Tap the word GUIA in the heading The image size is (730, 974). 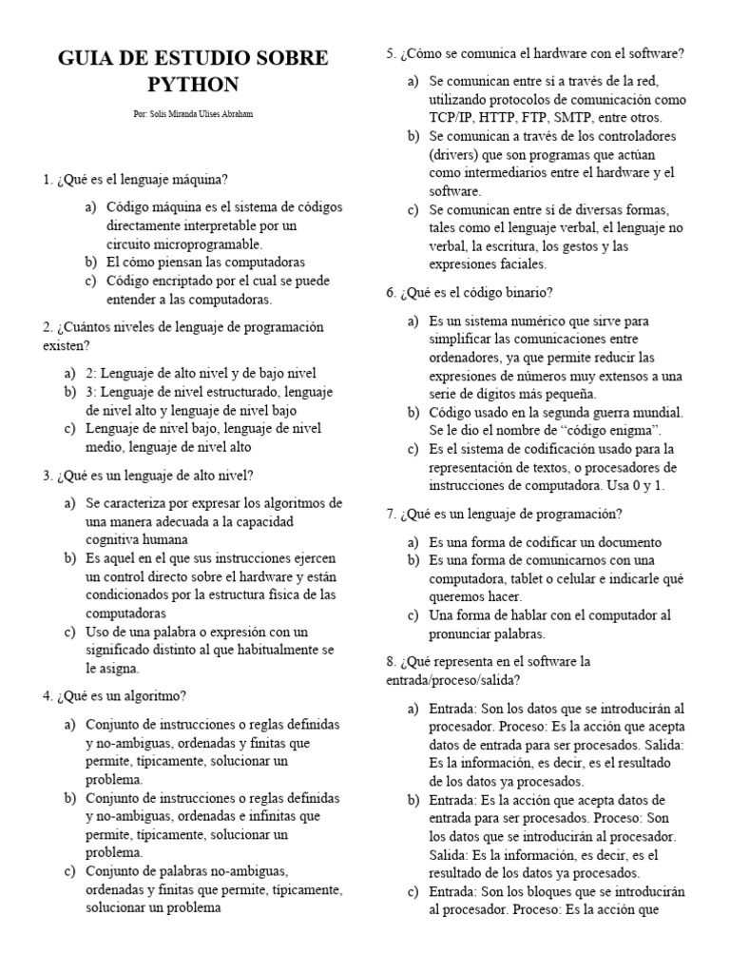click(90, 58)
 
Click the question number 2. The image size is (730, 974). click(47, 326)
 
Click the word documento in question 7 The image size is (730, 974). click(595, 541)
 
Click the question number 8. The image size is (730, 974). click(391, 660)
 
